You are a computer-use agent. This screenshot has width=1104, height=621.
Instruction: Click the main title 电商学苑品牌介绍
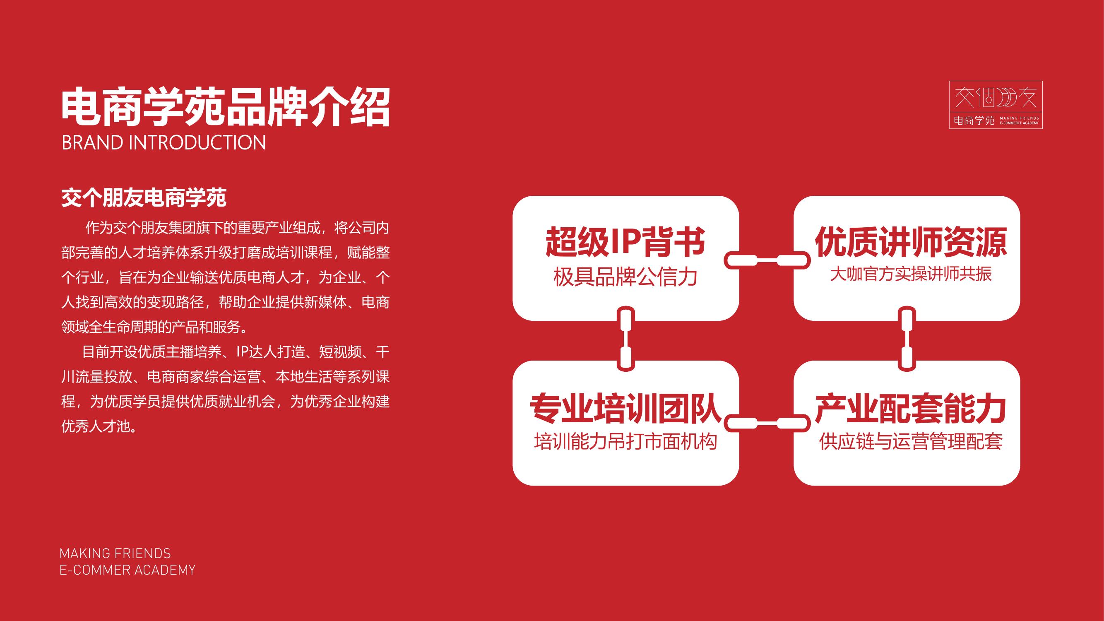coord(226,107)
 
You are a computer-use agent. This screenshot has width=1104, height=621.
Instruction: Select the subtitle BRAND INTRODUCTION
coord(164,143)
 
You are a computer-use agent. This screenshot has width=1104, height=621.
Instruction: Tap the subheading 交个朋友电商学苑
coord(144,197)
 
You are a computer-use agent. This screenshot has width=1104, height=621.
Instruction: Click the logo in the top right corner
coord(996,105)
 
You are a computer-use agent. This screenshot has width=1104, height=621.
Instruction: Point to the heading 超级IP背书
coord(625,242)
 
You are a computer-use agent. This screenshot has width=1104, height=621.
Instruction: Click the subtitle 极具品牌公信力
coord(625,277)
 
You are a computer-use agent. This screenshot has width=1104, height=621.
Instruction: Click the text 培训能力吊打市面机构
coord(626,441)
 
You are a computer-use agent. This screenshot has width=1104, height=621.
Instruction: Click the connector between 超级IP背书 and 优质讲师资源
coord(767,260)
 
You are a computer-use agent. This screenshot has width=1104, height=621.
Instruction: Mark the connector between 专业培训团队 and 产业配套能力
coord(767,424)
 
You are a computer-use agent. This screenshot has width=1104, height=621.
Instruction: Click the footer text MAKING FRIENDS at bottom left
coord(115,553)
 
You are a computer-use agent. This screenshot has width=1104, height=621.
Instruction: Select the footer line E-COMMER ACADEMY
coord(127,570)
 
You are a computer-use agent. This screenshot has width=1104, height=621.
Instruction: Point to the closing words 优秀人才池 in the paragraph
coord(95,426)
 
